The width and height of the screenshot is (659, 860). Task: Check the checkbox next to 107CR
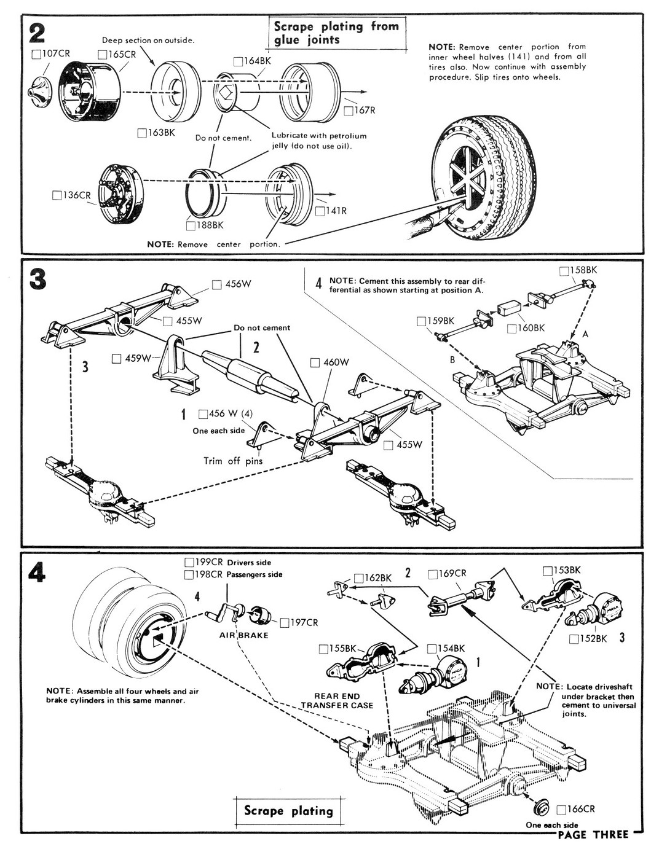tap(36, 54)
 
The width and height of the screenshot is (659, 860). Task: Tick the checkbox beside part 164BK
tap(239, 61)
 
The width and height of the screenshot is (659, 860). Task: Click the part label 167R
tap(364, 111)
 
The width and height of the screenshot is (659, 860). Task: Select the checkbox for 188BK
tap(191, 225)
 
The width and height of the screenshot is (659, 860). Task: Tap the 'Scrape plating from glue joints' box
tap(336, 33)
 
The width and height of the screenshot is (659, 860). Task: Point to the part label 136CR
tap(77, 195)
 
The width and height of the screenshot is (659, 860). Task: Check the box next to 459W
tap(116, 359)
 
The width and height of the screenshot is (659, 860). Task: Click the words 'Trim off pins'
tap(233, 461)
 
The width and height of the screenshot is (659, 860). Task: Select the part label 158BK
tap(583, 270)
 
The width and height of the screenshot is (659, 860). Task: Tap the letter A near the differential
tap(585, 334)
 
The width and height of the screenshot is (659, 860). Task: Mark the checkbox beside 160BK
tap(511, 329)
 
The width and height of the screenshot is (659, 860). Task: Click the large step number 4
tap(37, 573)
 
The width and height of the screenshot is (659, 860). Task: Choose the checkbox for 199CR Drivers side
tap(189, 562)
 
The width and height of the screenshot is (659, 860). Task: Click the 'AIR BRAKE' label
tap(244, 635)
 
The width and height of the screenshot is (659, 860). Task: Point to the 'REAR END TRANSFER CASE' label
tap(337, 701)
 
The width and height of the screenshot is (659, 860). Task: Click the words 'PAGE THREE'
tap(593, 834)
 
